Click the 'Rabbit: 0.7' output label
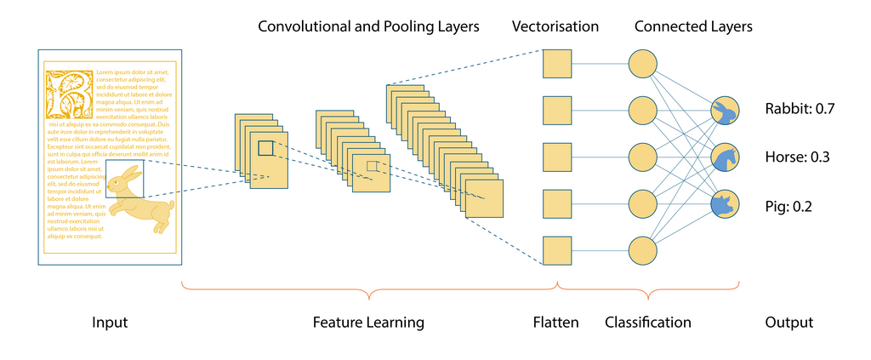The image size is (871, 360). pos(800,109)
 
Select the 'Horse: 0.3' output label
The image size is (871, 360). pos(797,157)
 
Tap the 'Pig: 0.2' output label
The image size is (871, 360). pos(789,205)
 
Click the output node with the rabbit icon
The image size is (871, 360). pos(726,110)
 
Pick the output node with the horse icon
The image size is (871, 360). pos(726,157)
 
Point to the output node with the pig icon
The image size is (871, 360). pos(726,204)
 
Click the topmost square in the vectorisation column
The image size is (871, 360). pos(557,64)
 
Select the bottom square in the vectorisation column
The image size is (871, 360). pos(557,251)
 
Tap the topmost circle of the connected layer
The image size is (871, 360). pos(642,64)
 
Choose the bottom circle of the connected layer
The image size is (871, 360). pos(642,251)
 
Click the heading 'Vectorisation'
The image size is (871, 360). pos(555,26)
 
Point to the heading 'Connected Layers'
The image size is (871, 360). pos(692,26)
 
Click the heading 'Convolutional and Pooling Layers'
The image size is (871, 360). pos(368,26)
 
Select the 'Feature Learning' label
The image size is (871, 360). pos(367,323)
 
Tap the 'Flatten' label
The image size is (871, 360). pos(555,323)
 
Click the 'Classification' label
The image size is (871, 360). pos(647,323)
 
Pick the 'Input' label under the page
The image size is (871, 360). pos(110,323)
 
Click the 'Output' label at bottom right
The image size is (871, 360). pos(788,323)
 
